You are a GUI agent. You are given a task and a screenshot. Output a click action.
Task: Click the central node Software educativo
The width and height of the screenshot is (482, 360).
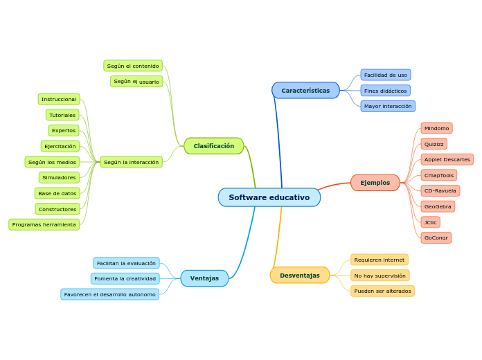pos(269,197)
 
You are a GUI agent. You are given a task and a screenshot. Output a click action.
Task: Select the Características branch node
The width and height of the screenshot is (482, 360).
pos(305,91)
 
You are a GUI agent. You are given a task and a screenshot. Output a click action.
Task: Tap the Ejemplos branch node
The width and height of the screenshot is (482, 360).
pos(375,183)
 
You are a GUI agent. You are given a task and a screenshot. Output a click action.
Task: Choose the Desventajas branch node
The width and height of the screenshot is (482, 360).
pos(300,276)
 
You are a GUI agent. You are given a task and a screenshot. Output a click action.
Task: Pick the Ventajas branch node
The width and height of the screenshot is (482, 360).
pos(204,278)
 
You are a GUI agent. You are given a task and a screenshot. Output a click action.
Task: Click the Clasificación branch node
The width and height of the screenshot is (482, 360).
pos(214,146)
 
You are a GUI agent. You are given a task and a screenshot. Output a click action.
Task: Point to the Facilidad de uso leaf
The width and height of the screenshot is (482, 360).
pos(386,75)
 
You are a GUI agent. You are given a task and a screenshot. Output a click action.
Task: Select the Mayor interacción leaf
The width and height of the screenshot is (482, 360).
pos(388,106)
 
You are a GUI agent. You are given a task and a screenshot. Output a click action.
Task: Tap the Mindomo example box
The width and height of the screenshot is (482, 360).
pos(436,128)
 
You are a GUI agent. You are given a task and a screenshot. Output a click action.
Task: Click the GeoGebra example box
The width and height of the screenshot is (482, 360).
pos(438,206)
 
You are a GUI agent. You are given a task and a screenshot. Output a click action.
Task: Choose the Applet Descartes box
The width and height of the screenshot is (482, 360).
pos(447,159)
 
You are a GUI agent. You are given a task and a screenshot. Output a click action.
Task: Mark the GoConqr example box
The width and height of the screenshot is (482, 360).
pos(436,237)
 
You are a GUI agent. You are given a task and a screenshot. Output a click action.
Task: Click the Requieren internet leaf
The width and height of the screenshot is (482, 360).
pos(380,260)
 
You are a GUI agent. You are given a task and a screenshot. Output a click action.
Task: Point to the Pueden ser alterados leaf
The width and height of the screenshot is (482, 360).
pos(382,291)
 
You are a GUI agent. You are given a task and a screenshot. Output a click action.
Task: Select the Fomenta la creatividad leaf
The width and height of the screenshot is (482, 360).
pos(125,278)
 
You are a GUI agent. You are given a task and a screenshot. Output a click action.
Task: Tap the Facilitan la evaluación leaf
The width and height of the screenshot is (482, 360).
pos(126,263)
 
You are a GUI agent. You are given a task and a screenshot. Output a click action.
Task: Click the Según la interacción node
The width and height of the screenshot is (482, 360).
pos(132,162)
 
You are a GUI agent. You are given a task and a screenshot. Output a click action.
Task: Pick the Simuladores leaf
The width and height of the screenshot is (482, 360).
pos(59,177)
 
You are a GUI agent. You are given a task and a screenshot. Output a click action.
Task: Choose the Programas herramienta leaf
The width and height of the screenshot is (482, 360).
pos(44,224)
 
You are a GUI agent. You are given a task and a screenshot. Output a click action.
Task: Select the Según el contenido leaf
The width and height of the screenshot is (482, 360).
pos(133,66)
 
